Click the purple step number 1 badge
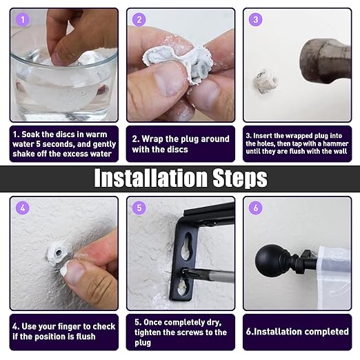[x=23, y=19]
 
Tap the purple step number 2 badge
[x=139, y=19]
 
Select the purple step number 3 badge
[x=256, y=19]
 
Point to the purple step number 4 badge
[x=23, y=208]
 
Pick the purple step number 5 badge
[x=139, y=208]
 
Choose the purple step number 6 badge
[x=256, y=208]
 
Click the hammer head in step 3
[x=326, y=61]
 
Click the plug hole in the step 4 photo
[x=59, y=253]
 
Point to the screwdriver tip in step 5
[x=185, y=272]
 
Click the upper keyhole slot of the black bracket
[x=188, y=247]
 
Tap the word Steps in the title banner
[x=240, y=178]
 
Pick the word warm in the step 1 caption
[x=96, y=134]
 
